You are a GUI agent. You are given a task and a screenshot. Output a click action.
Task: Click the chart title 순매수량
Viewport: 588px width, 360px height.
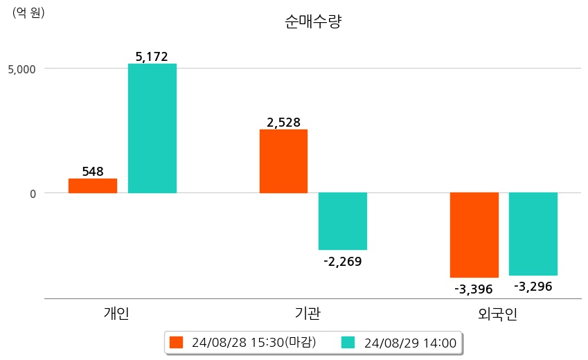pos(313,21)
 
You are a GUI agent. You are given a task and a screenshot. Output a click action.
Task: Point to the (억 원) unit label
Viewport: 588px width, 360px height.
pos(28,12)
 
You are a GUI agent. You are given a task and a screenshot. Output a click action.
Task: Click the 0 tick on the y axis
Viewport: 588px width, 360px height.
pos(33,193)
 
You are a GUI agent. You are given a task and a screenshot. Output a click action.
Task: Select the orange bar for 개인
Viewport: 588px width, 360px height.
pos(93,186)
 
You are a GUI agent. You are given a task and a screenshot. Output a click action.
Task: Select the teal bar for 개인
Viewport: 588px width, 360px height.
pos(152,128)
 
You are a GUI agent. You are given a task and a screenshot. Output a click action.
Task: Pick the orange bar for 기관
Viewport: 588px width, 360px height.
pos(283,161)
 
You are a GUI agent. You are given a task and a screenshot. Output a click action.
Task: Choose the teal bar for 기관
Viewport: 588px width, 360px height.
pos(343,221)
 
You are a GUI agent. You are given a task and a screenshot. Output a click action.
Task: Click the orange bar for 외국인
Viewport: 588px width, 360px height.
pos(474,235)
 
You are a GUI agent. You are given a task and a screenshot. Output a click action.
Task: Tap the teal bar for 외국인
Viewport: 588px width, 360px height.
pos(533,234)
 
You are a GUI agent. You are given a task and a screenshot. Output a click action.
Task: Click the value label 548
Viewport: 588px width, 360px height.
pos(93,171)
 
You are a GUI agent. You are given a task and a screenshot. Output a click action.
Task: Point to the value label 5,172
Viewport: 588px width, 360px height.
pos(152,57)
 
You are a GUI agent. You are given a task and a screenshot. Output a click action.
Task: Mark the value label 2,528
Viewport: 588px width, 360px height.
pos(284,123)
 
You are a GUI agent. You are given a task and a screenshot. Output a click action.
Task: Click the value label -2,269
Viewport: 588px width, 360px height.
pos(343,261)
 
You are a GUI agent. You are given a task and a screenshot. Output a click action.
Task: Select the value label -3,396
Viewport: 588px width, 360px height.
pos(474,289)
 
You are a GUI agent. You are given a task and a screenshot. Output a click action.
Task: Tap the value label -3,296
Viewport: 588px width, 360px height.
pos(533,286)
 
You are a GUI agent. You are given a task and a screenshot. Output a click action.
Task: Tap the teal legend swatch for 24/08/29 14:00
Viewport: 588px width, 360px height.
pos(348,343)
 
